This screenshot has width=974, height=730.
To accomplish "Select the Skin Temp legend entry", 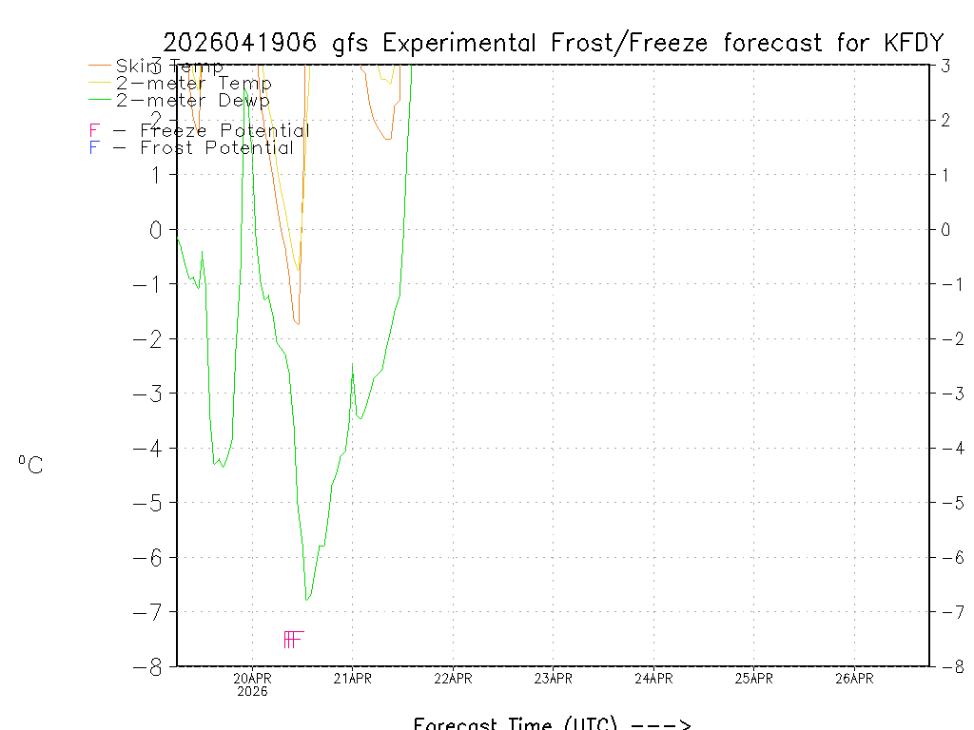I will (169, 67).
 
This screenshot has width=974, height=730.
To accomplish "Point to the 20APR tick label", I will (252, 678).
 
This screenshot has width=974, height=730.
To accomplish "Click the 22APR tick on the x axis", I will (453, 678).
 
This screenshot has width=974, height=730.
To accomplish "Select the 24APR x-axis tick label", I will (653, 678).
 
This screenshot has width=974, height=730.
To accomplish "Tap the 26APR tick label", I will (854, 678).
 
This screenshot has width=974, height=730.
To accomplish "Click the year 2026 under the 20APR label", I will (252, 692).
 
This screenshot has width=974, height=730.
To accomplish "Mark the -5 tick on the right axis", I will (947, 503).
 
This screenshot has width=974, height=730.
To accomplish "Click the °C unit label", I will (30, 466).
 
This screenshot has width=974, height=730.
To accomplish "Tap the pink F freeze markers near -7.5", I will (293, 639).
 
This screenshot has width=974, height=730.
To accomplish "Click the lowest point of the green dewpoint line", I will (306, 599).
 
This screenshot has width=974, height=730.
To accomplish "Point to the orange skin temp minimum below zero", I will (298, 324).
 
